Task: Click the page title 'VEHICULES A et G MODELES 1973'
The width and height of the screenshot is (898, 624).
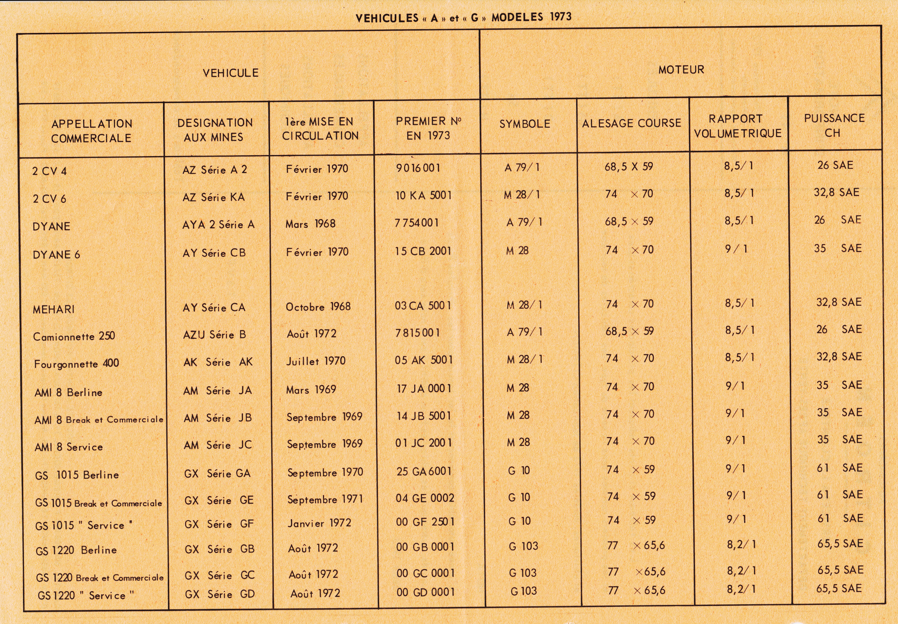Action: tap(463, 18)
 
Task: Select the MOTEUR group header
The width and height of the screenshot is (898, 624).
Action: tap(681, 70)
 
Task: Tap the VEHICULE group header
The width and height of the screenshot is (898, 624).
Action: tap(230, 73)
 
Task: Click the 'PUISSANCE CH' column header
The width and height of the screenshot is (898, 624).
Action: tap(834, 126)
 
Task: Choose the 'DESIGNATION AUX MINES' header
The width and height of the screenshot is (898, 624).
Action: tap(215, 130)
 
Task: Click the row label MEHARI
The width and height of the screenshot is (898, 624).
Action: tap(54, 309)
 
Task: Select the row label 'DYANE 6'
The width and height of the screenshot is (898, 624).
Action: tap(56, 255)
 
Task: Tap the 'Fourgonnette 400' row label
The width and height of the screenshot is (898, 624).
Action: tap(76, 364)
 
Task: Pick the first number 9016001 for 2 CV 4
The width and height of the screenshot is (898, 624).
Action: tap(418, 168)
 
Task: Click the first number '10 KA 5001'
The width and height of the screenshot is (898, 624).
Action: tap(423, 195)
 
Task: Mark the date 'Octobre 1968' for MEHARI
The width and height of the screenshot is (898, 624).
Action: tap(318, 307)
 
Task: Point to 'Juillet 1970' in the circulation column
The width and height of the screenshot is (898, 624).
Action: tap(316, 361)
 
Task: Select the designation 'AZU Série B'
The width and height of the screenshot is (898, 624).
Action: tap(214, 335)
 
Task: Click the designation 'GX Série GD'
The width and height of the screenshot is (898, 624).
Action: tap(219, 594)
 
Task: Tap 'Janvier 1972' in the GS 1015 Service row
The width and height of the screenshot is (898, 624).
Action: tap(319, 523)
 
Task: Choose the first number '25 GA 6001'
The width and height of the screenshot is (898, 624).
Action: tap(424, 471)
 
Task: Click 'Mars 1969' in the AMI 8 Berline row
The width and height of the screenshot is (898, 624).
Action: tap(311, 390)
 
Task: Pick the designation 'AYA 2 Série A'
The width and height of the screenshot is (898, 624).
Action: tap(218, 225)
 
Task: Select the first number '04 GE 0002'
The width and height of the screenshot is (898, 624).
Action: tap(425, 498)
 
